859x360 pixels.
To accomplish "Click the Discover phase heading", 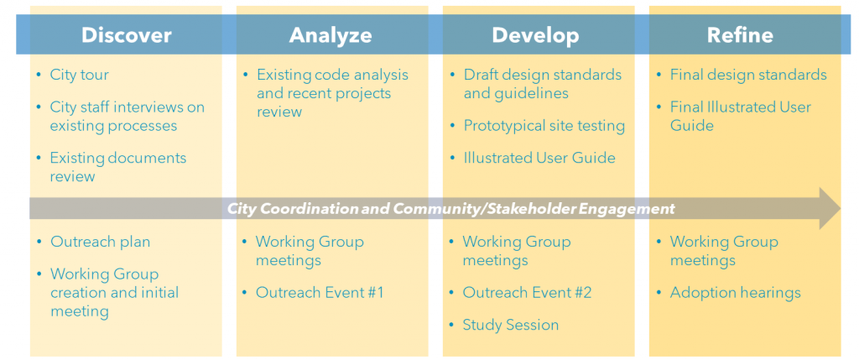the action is point(127,35).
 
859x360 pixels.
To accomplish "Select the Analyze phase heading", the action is point(331,35).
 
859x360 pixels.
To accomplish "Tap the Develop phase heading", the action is point(535,35).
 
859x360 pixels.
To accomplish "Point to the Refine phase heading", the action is point(740,35).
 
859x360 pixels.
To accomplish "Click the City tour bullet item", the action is point(80,75).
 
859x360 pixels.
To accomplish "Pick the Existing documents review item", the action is point(118,167).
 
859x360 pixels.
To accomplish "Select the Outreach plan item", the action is point(101,242).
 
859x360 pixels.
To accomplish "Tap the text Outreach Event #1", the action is point(320,293).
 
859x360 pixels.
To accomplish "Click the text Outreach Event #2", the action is point(527,293).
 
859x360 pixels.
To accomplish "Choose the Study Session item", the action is point(511,325).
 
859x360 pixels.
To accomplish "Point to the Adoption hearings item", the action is point(735,293).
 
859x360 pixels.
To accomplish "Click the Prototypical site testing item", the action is point(544,126).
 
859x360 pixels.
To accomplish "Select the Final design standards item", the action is point(748,75).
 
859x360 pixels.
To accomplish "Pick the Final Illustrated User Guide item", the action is point(741,116).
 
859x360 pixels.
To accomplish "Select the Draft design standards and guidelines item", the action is point(543,84).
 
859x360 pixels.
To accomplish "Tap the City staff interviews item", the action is point(128,116).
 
